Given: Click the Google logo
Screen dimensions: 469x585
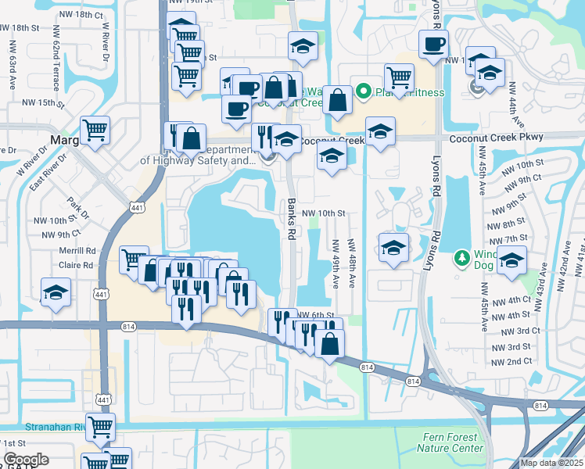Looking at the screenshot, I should click(x=26, y=460).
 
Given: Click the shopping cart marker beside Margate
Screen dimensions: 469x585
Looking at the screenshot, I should click(x=95, y=130).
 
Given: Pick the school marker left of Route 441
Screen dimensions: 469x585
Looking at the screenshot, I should click(x=56, y=292).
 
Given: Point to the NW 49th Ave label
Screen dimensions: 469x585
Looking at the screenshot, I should click(x=336, y=263).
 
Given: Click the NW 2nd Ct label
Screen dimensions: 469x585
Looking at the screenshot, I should click(x=511, y=362).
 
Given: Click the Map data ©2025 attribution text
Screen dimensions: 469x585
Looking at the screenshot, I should click(x=551, y=463).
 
